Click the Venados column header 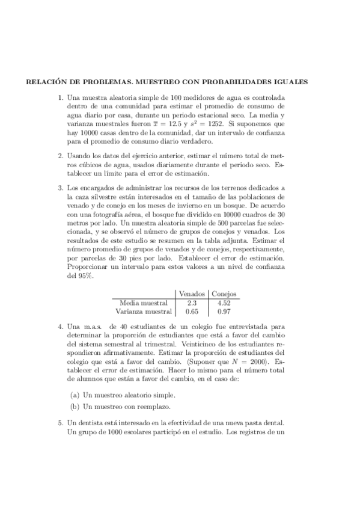coord(192,293)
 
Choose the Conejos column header coord(224,293)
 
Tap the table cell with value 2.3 coord(192,303)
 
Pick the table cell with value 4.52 coord(224,303)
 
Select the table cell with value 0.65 coord(192,312)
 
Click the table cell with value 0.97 coord(224,312)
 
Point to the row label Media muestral coord(144,303)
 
